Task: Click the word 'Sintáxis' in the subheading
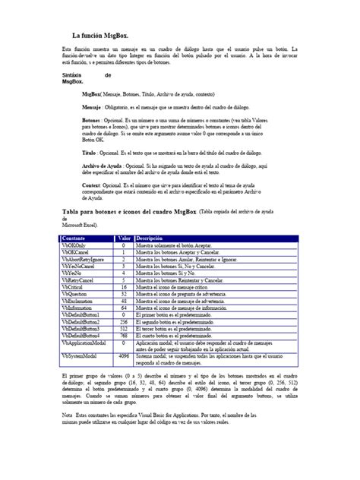74,76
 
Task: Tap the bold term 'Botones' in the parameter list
91,120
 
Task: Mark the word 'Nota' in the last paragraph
66,415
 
